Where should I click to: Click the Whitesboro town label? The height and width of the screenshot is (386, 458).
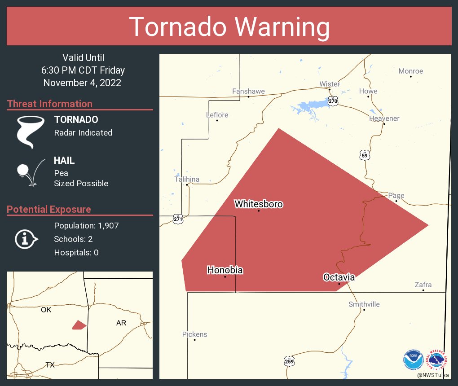pos(259,204)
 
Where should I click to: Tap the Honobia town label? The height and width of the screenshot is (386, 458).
pos(225,270)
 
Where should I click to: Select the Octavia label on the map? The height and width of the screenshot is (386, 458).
pos(339,277)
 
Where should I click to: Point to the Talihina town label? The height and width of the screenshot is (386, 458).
pos(187,180)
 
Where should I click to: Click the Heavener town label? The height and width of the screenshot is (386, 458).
pos(384,118)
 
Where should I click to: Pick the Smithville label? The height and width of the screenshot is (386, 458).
pos(364,304)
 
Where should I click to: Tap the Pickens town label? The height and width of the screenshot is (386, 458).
pos(195,334)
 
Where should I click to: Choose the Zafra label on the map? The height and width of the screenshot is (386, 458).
pos(423,285)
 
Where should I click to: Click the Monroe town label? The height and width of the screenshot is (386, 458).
pos(411,71)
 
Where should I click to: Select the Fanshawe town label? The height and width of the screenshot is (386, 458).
pos(248,91)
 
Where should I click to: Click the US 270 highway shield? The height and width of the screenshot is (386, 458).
pos(332,101)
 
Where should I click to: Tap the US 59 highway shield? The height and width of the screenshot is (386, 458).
pos(365,156)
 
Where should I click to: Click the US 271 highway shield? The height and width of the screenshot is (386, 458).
pos(178,219)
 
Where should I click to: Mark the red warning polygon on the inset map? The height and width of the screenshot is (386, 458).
pos(79,325)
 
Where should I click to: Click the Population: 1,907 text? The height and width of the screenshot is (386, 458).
pos(86,225)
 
